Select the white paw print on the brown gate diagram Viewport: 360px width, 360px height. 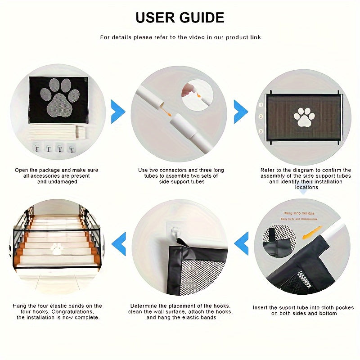coord(304,117)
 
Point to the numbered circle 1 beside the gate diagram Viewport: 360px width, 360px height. coord(261,104)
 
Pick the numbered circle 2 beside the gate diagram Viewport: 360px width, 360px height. coord(261,117)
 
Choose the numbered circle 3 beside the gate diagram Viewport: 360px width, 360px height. coord(261,131)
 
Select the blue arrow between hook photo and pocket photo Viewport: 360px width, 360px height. coord(242,243)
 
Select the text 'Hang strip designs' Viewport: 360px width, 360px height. coord(299,213)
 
